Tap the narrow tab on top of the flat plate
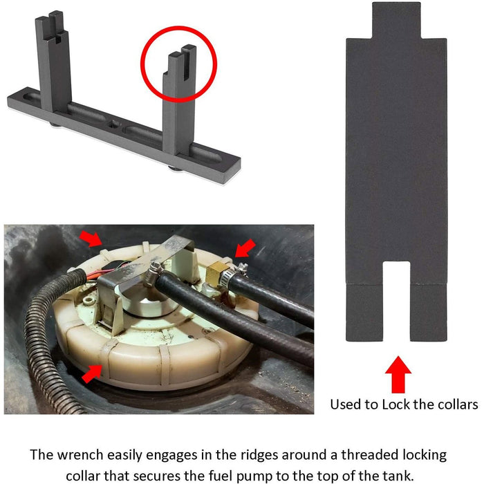[395, 21]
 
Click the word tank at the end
[400, 476]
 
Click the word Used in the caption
[346, 404]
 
